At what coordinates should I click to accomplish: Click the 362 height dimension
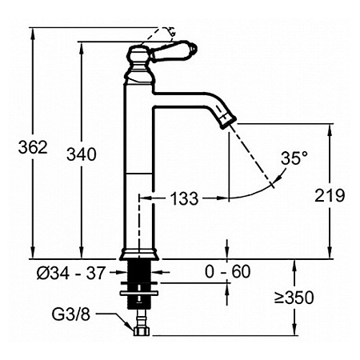point(33,147)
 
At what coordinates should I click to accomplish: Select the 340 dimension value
point(82,154)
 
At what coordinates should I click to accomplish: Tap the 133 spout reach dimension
point(184,198)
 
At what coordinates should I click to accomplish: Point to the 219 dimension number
point(330,195)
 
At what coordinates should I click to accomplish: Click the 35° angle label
point(294,158)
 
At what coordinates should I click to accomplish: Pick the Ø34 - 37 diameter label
point(71,273)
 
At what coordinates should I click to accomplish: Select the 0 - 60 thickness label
point(228,272)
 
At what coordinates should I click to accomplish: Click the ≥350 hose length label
point(294,298)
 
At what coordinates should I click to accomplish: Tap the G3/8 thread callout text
point(71,314)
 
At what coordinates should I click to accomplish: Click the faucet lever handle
point(174,51)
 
